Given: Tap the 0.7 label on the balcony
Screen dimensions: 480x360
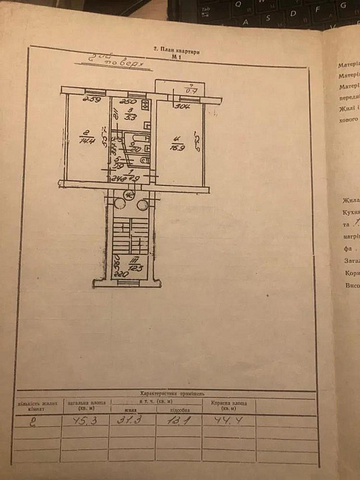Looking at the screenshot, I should (191, 91).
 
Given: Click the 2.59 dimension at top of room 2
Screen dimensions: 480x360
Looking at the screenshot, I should (91, 100).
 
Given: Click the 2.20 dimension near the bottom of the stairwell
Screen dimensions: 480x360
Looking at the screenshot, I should (121, 274).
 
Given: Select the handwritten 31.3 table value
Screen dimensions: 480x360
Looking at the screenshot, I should (131, 419).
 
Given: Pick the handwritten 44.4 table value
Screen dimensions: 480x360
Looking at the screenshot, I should (229, 419).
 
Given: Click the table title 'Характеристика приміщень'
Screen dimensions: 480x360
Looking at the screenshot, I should (172, 393).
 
